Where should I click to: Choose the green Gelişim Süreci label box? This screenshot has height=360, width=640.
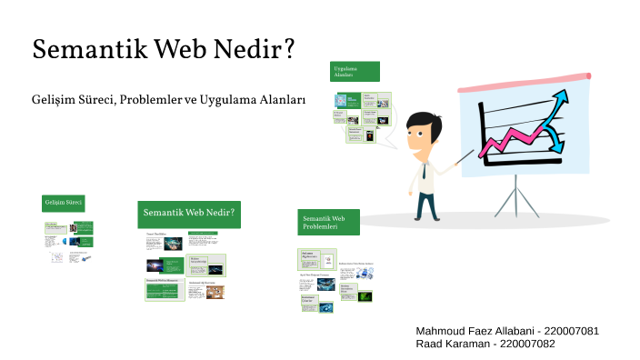(x=63, y=202)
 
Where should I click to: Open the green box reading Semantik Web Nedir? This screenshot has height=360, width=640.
(x=189, y=215)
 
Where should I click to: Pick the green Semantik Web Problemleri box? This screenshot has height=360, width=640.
(x=328, y=222)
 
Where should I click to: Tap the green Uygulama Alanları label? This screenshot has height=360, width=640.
(x=355, y=72)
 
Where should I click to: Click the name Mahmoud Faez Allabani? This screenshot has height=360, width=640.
(x=474, y=330)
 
